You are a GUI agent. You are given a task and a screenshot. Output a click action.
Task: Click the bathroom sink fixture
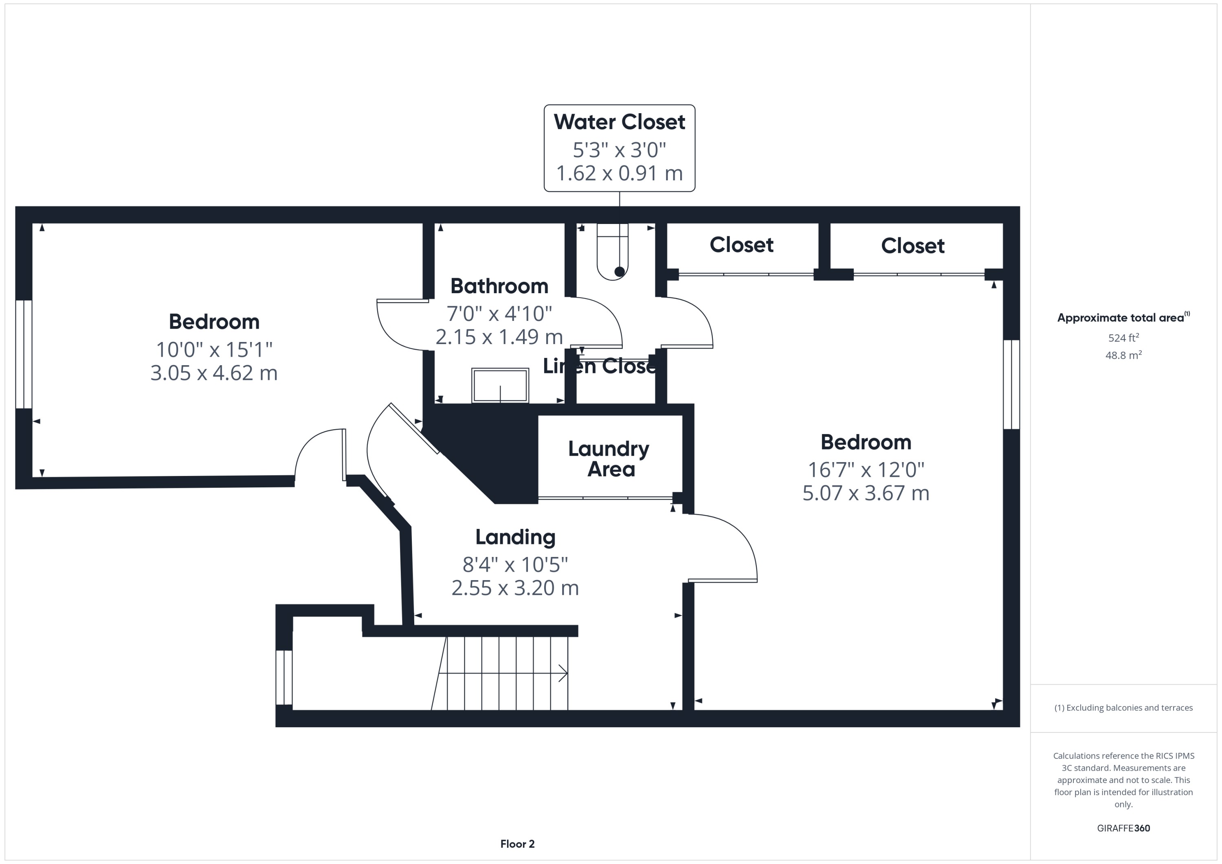[x=500, y=386]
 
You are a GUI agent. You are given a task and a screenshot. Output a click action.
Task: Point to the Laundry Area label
[x=609, y=458]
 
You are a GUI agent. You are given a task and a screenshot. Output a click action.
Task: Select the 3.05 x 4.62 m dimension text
[x=214, y=373]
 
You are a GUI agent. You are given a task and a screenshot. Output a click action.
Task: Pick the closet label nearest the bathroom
[x=741, y=245]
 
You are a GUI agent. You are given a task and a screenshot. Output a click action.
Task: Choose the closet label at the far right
[x=912, y=246]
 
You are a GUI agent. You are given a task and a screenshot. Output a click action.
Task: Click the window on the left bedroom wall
[x=24, y=354]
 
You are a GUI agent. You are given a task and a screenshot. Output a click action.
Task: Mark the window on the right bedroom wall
[x=1011, y=384]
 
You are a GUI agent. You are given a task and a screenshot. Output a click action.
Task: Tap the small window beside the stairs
[x=284, y=677]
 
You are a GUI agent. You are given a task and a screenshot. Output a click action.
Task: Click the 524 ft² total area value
[x=1123, y=338]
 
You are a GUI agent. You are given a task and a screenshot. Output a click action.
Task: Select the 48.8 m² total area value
[x=1123, y=355]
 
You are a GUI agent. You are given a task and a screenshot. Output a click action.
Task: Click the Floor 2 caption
[x=517, y=844]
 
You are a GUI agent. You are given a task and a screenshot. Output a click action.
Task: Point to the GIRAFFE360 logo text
[x=1123, y=828]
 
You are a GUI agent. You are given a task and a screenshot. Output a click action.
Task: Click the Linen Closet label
[x=599, y=366]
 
